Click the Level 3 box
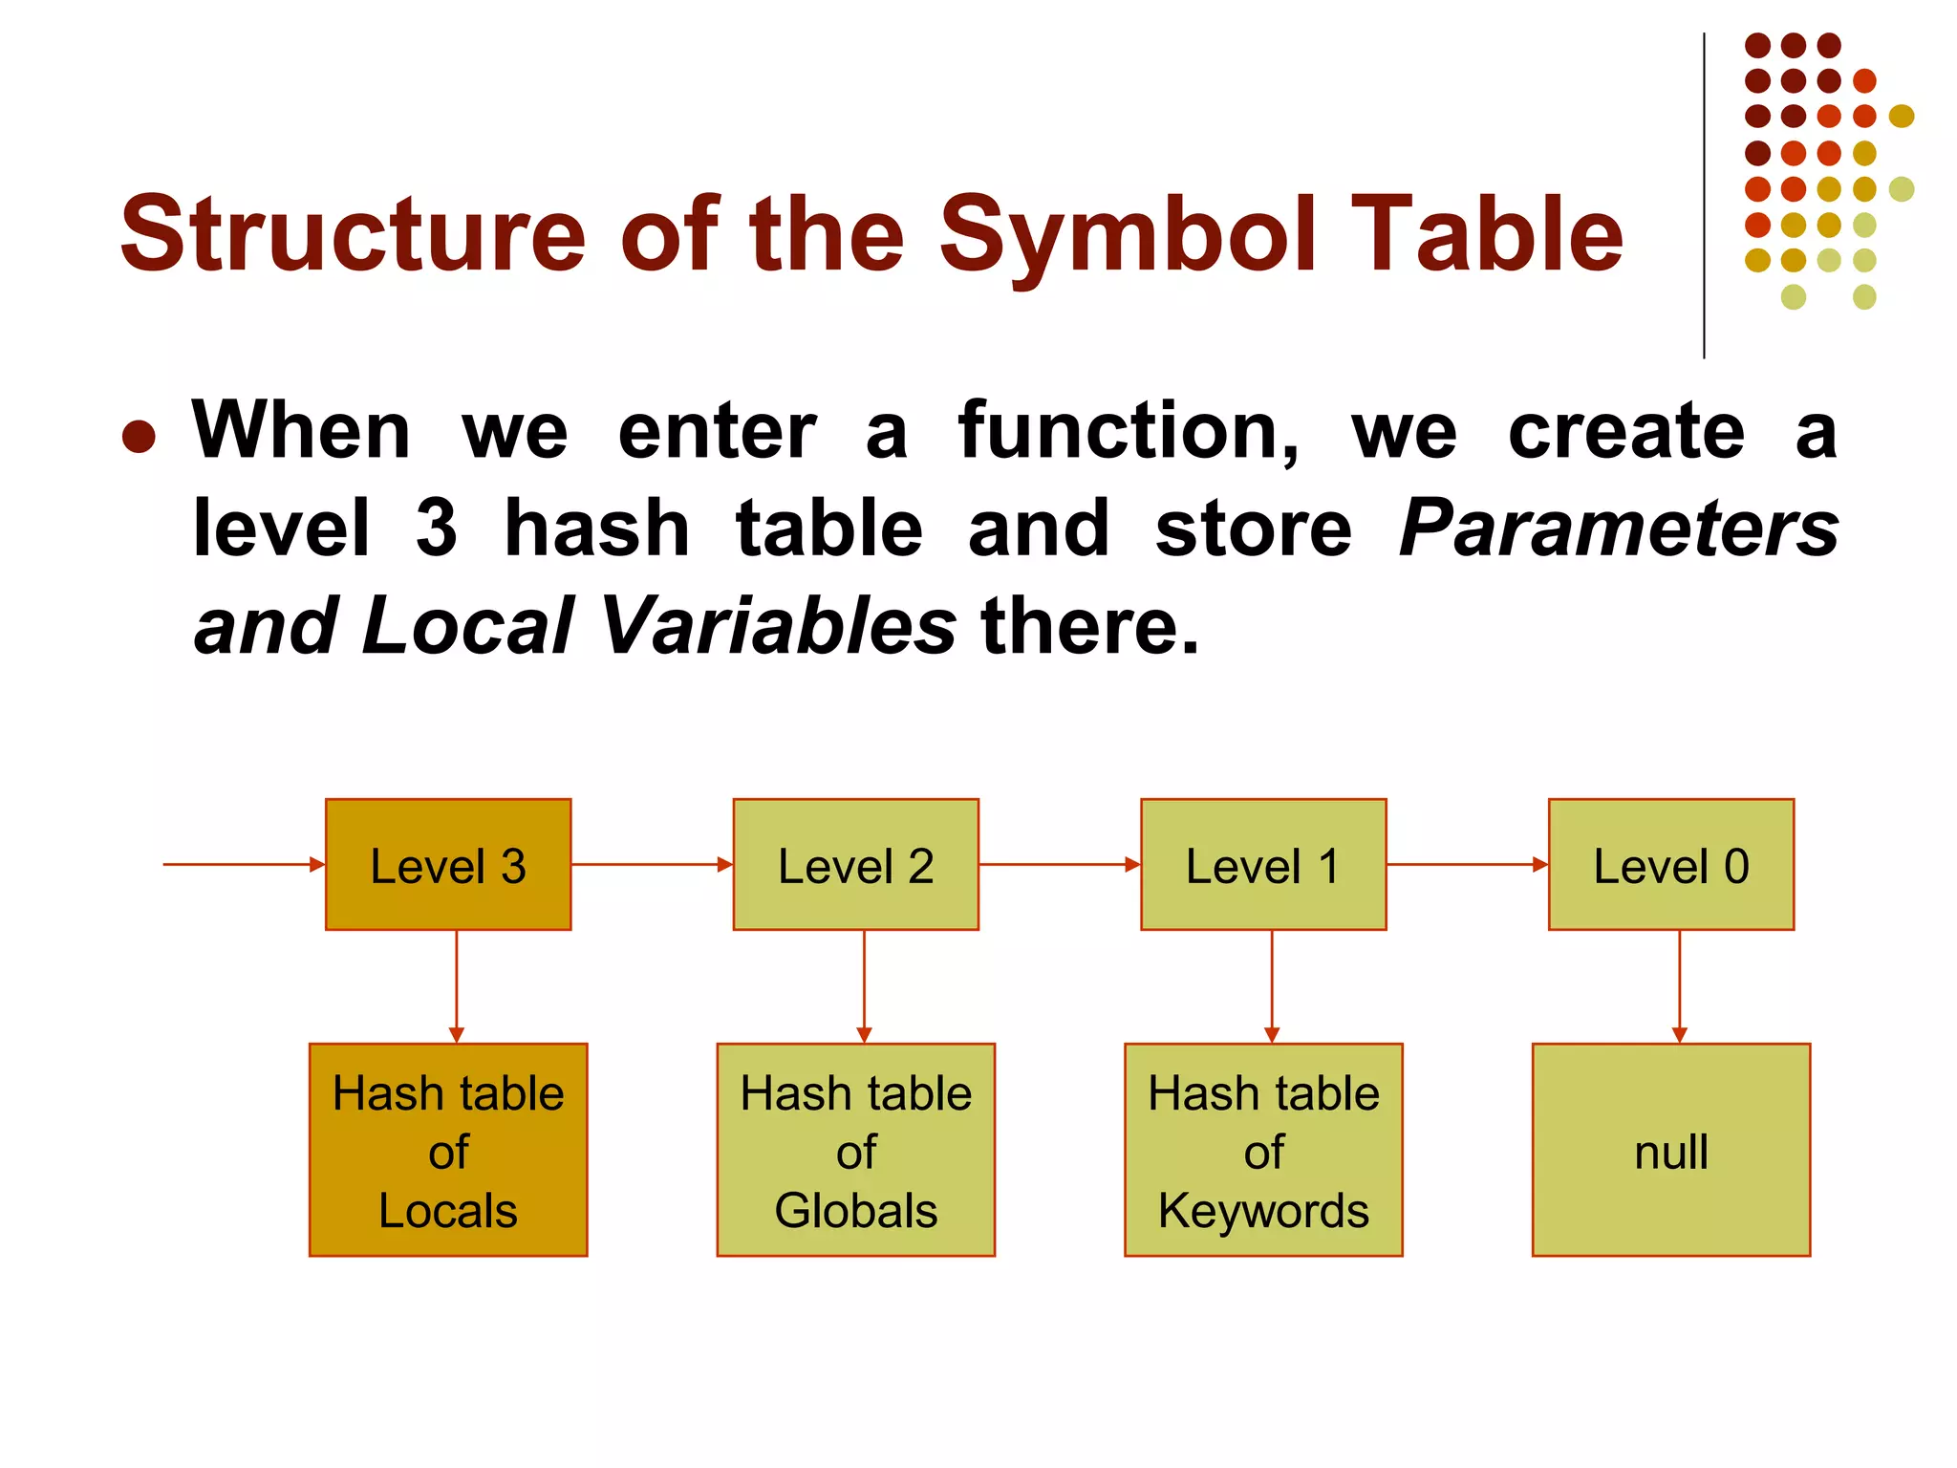click(x=448, y=864)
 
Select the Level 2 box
click(x=855, y=864)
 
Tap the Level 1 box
click(x=1263, y=864)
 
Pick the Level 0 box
click(x=1670, y=864)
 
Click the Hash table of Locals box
click(x=448, y=1150)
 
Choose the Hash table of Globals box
click(x=855, y=1150)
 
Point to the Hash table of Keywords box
click(x=1263, y=1150)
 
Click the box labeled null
click(x=1670, y=1150)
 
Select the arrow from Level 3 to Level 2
click(x=652, y=864)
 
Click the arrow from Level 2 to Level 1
click(x=1059, y=864)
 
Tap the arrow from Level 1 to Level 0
click(x=1467, y=864)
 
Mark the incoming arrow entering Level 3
click(x=244, y=864)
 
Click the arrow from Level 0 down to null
click(x=1679, y=984)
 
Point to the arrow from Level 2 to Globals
click(x=864, y=984)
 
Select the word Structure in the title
click(x=353, y=234)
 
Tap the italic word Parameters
click(x=1619, y=529)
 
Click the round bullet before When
click(x=140, y=437)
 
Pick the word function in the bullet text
click(x=1128, y=431)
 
